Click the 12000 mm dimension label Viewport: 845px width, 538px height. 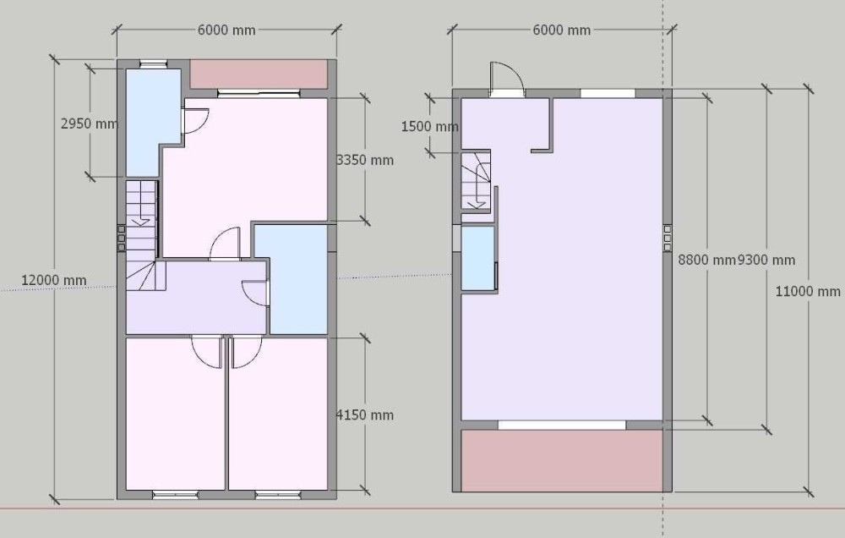pos(53,281)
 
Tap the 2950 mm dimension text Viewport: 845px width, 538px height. pos(90,124)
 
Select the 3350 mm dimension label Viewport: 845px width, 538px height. pos(365,160)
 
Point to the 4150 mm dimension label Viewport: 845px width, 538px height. pos(365,415)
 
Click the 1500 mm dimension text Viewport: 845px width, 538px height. pos(429,127)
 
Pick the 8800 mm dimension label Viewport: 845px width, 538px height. pos(706,260)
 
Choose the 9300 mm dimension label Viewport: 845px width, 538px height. pos(766,260)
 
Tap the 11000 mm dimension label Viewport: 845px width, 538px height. pos(808,292)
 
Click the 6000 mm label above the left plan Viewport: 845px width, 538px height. pos(226,30)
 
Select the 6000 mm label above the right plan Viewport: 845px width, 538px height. pos(562,30)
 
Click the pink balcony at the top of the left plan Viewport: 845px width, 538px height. pos(259,74)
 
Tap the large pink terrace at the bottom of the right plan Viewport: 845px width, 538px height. pos(562,460)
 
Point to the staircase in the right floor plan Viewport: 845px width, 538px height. pos(476,180)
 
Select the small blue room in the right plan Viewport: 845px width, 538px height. pos(478,259)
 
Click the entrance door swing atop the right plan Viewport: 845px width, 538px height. pos(506,80)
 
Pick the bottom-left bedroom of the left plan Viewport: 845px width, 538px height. pos(175,414)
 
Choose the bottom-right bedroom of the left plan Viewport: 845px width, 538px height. pos(278,414)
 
